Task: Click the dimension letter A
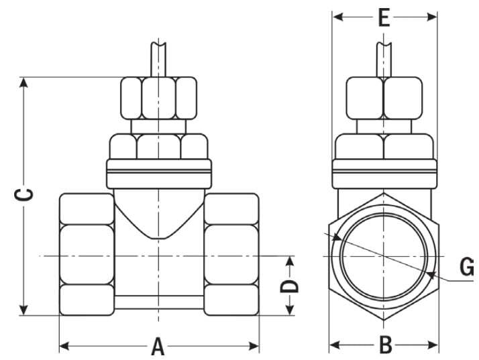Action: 158,347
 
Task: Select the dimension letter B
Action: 385,345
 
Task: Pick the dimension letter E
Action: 384,17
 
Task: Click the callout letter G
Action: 467,267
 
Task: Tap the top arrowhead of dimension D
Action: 289,261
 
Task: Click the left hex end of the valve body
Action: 87,254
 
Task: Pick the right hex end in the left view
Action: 231,254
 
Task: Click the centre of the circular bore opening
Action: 384,255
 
